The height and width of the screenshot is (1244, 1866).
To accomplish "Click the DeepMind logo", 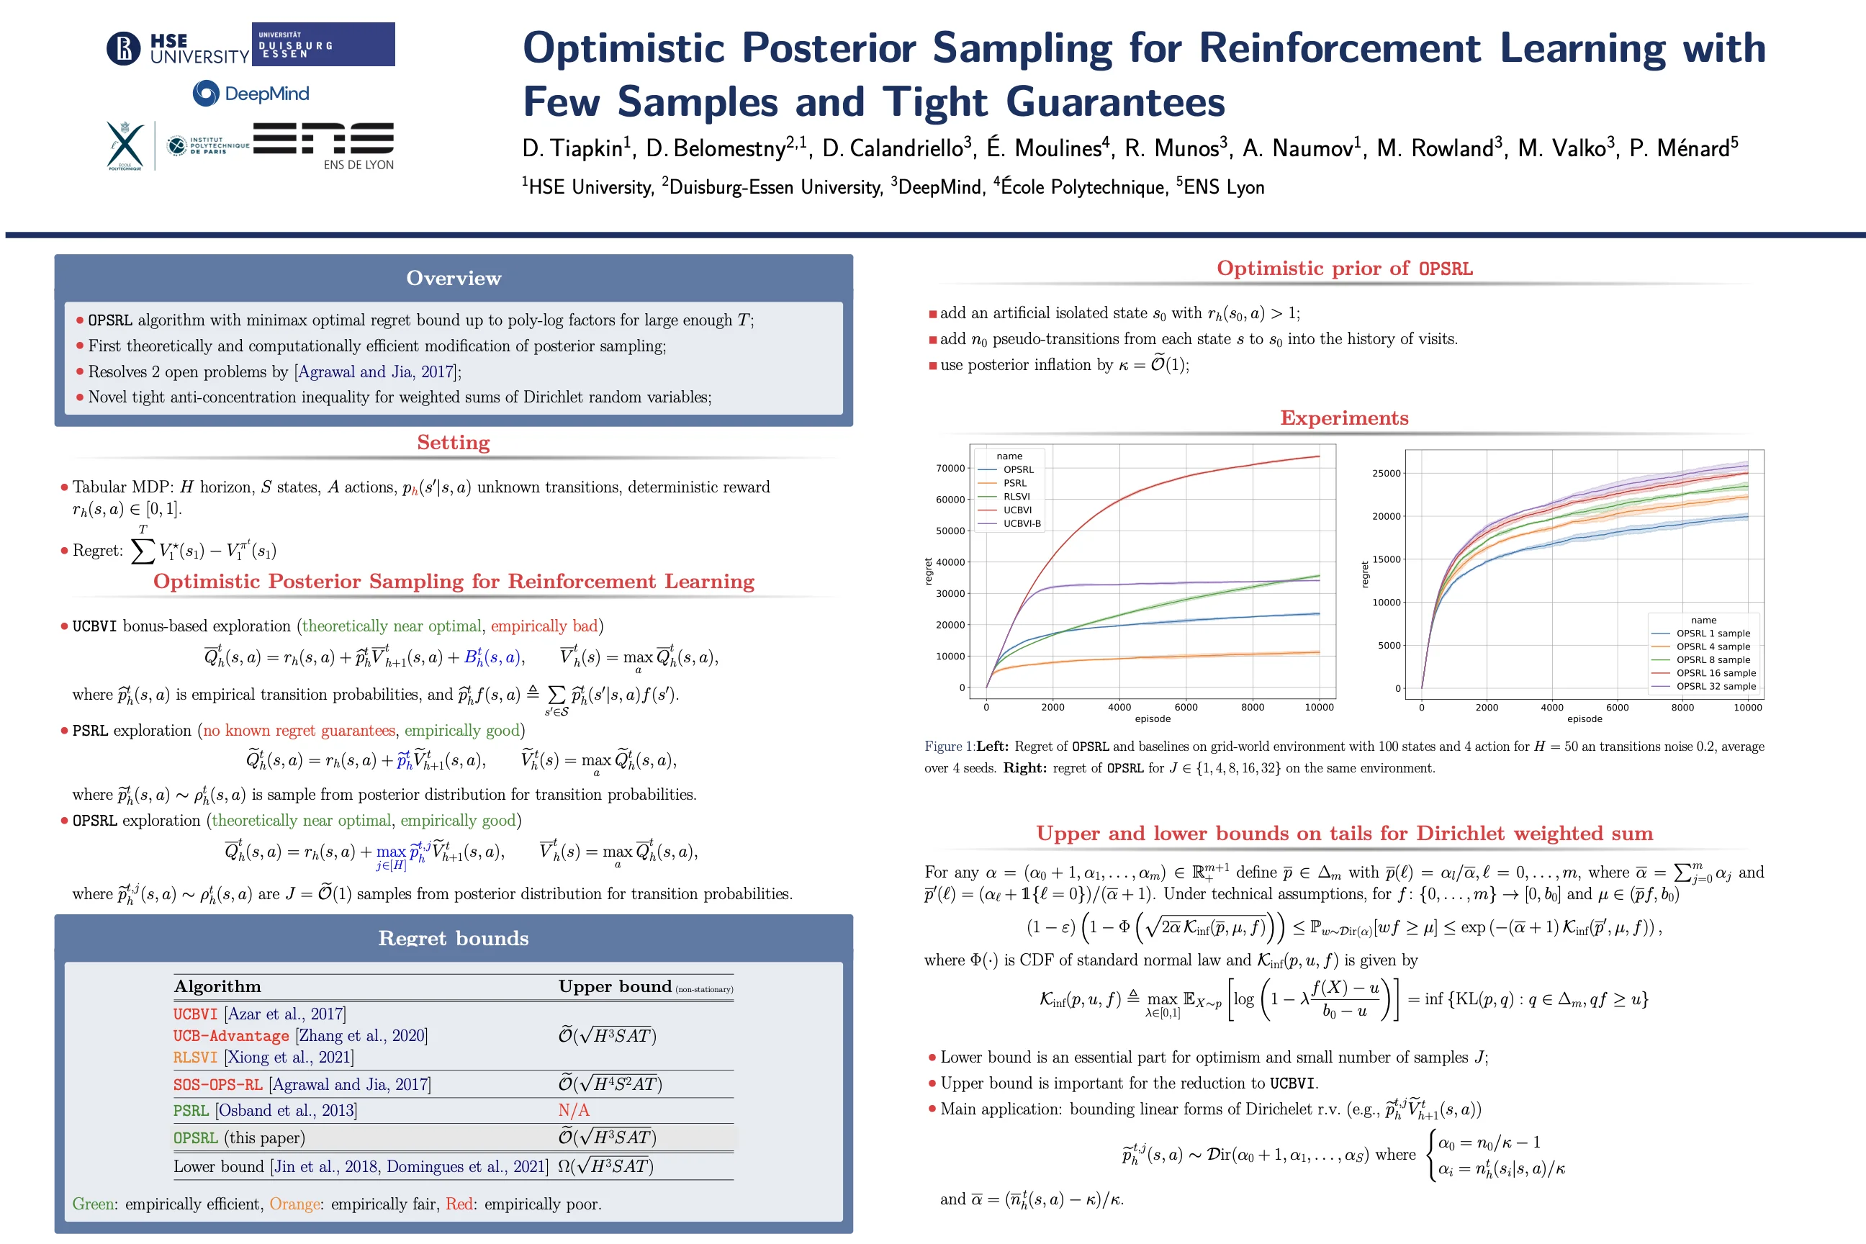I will point(251,94).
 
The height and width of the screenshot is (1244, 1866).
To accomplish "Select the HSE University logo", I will point(178,48).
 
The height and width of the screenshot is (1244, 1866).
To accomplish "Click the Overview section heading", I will point(453,278).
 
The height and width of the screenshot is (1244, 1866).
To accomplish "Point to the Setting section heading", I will point(453,442).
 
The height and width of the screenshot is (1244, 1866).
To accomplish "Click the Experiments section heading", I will point(1344,418).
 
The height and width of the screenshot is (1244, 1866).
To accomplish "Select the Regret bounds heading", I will point(453,938).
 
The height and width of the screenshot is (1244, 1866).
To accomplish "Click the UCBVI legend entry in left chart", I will point(1017,510).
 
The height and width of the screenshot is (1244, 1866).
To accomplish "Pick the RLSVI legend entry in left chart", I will point(1017,497).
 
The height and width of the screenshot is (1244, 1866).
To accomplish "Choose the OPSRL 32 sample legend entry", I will point(1716,686).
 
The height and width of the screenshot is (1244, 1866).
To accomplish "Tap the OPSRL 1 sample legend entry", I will point(1713,633).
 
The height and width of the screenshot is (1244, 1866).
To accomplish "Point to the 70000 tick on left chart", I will point(950,468).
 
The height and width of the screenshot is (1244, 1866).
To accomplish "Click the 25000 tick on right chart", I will point(1386,474).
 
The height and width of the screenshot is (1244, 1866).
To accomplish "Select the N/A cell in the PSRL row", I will point(574,1110).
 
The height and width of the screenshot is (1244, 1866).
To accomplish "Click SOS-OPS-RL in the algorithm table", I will point(217,1084).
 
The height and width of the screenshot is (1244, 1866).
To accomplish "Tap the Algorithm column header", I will point(217,986).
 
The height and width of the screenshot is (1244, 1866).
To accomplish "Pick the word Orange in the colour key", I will point(294,1204).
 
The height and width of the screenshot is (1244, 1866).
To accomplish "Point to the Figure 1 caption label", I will point(949,747).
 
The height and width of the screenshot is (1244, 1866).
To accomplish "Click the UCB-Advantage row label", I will point(231,1035).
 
